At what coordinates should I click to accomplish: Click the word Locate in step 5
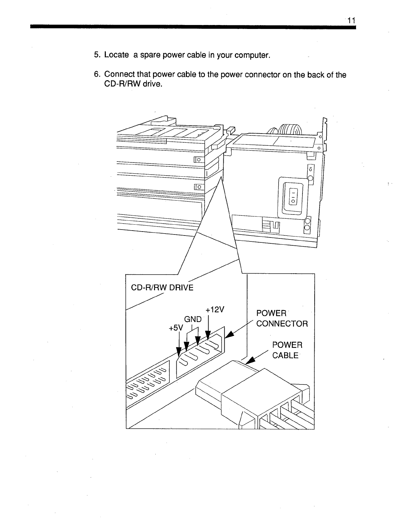(x=116, y=55)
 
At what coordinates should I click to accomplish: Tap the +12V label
(x=214, y=310)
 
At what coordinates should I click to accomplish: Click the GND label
(x=193, y=319)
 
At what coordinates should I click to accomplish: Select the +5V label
(x=175, y=328)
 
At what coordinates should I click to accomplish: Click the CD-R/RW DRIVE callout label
(x=162, y=288)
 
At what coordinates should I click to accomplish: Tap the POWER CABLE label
(x=287, y=350)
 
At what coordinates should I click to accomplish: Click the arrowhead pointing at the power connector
(x=230, y=334)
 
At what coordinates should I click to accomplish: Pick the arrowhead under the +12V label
(x=208, y=335)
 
